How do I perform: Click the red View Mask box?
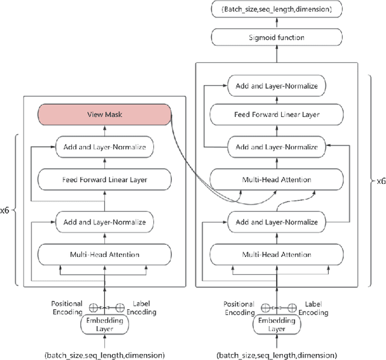(104, 114)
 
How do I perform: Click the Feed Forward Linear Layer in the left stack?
(104, 179)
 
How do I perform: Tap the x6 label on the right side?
(380, 180)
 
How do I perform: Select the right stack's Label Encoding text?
(315, 308)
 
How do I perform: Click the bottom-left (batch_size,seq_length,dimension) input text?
(104, 355)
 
